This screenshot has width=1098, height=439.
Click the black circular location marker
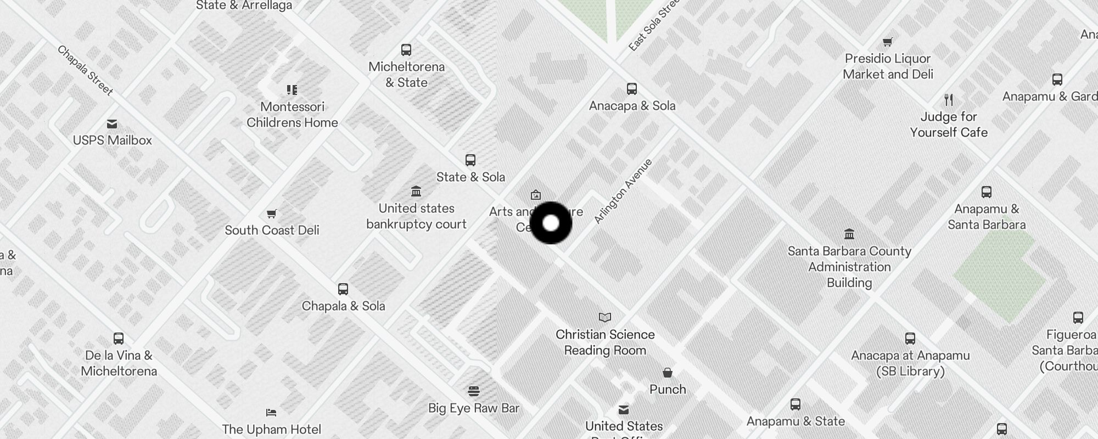click(551, 223)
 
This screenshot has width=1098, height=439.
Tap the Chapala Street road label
click(85, 70)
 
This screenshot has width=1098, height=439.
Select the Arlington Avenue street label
click(623, 191)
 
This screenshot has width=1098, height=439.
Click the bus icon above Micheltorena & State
click(406, 50)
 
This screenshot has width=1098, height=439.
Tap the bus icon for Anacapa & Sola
click(632, 89)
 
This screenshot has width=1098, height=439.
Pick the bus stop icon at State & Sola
click(470, 160)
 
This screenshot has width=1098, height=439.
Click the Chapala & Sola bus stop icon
click(343, 289)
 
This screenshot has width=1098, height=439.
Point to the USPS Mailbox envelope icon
click(112, 124)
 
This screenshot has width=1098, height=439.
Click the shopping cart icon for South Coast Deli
click(271, 213)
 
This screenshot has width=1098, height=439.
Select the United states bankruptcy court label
click(416, 216)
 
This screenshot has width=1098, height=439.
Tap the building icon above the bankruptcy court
click(416, 192)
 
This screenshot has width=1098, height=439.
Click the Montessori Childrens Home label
click(292, 115)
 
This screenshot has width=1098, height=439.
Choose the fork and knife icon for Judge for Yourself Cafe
click(949, 100)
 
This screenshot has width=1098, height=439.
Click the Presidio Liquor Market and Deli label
click(888, 66)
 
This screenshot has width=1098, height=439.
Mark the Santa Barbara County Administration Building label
click(849, 267)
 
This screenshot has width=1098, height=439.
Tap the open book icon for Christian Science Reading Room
click(605, 317)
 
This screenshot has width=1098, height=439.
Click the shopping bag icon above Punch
click(668, 373)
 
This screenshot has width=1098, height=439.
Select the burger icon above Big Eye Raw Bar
click(474, 391)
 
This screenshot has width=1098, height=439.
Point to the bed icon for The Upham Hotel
click(271, 413)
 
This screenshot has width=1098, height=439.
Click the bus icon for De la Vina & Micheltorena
click(119, 339)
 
